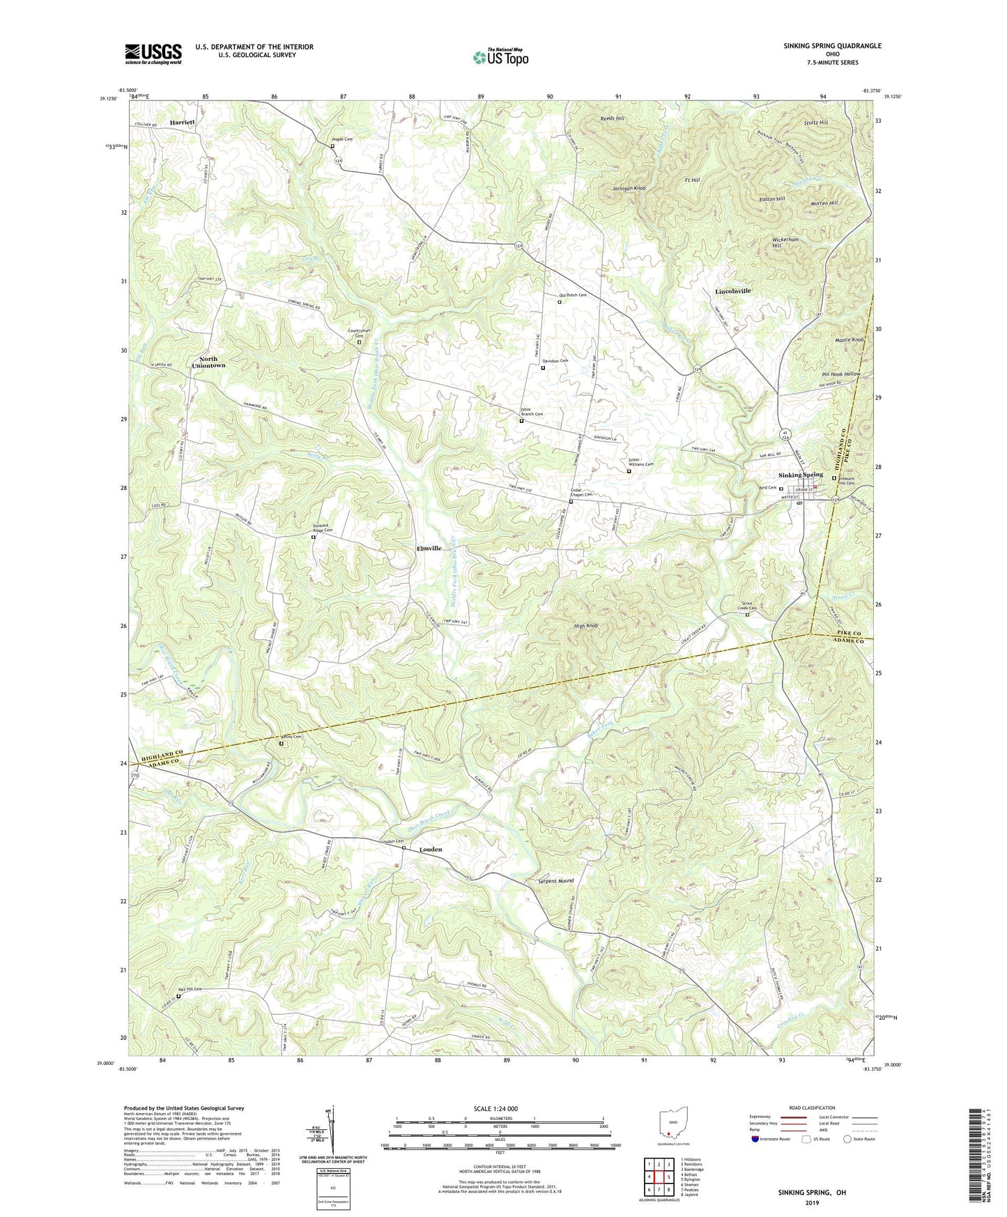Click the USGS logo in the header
click(x=153, y=54)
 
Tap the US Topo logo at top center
click(x=500, y=57)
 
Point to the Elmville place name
click(x=429, y=549)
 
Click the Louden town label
click(x=431, y=850)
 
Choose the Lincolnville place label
click(x=733, y=291)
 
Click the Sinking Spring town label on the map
click(x=801, y=475)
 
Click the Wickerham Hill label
click(x=785, y=243)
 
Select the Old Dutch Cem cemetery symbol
click(x=559, y=302)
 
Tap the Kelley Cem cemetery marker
click(x=282, y=743)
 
